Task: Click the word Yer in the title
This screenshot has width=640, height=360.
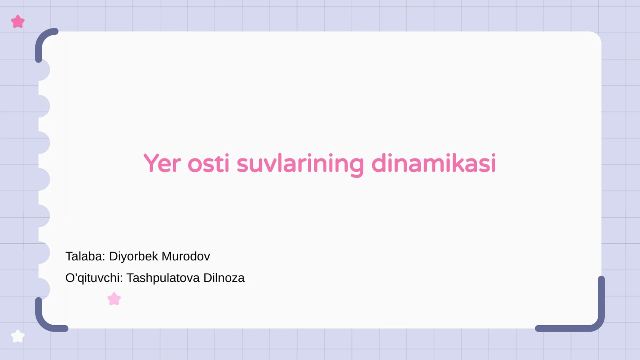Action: coord(162,164)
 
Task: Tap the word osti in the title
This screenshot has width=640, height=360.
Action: coord(208,164)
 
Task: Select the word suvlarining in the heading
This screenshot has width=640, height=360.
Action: coord(300,164)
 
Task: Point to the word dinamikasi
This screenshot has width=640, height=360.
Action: coord(434,164)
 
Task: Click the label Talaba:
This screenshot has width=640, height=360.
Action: coord(85,256)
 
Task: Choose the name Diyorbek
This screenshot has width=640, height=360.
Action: coord(134,256)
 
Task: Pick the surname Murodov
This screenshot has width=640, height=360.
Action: coord(186,256)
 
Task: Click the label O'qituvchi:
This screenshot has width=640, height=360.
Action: coord(94,278)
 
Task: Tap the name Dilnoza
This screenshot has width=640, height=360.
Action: coord(224,278)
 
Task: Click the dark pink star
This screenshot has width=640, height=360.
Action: coord(18,22)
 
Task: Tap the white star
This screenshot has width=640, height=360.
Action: coord(18,336)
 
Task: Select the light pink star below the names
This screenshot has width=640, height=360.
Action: coord(114,299)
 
